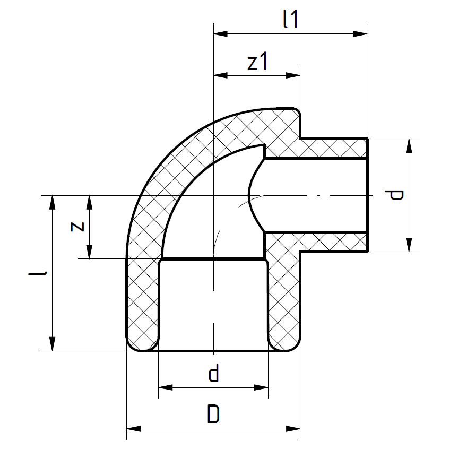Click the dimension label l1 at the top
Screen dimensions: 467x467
pyautogui.click(x=290, y=19)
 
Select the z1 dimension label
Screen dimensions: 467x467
pyautogui.click(x=257, y=62)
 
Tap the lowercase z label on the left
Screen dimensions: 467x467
pyautogui.click(x=77, y=227)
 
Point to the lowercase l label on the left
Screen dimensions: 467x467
pyautogui.click(x=38, y=273)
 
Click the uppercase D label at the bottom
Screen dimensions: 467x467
pyautogui.click(x=213, y=414)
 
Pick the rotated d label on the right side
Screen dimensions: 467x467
pyautogui.click(x=394, y=195)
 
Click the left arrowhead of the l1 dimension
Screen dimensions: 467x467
pyautogui.click(x=220, y=33)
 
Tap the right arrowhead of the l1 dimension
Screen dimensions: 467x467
pyautogui.click(x=360, y=33)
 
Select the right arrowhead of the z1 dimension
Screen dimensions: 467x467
pyautogui.click(x=293, y=75)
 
